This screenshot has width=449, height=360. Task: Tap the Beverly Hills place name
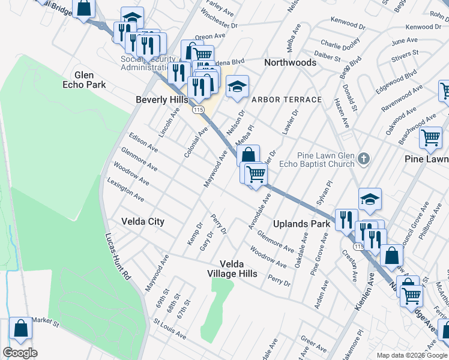(x=162, y=100)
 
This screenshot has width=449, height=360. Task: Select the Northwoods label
(x=291, y=62)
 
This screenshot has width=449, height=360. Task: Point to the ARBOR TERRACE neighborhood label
(x=286, y=99)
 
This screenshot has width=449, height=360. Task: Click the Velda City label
(x=143, y=221)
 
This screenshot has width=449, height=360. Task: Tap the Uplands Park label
(x=302, y=224)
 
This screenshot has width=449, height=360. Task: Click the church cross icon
(x=363, y=160)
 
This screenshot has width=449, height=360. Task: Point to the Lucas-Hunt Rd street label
(x=118, y=257)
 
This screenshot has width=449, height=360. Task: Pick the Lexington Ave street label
(x=125, y=189)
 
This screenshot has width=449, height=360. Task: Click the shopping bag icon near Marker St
(x=20, y=328)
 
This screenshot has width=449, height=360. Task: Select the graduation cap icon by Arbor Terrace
(x=237, y=87)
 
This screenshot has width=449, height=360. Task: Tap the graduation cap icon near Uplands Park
(x=370, y=200)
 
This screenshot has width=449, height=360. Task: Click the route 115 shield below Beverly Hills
(x=197, y=110)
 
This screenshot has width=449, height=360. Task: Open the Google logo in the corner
(x=20, y=353)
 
